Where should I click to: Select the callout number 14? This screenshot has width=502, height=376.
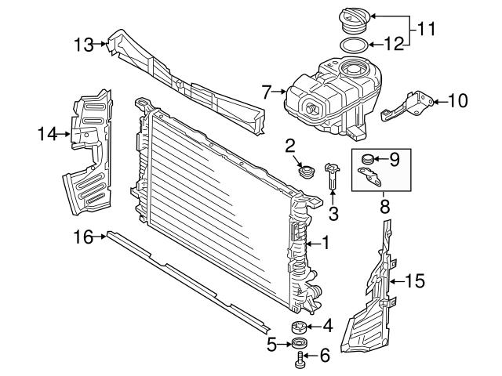coord(46,134)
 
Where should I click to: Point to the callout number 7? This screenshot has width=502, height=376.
coord(267,92)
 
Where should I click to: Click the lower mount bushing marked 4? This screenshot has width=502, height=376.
coord(299,327)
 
